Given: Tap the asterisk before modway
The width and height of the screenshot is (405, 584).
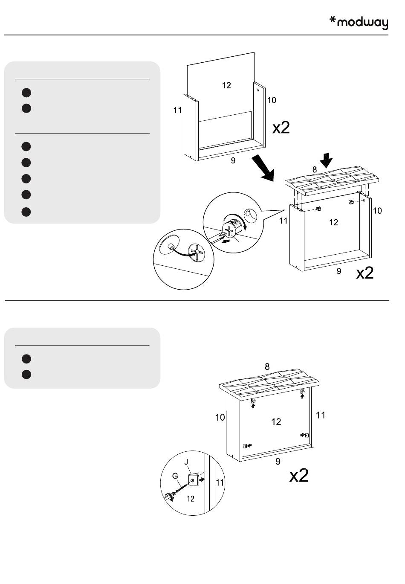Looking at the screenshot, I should pos(333,20).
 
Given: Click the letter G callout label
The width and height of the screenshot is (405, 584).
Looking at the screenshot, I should pos(175,475).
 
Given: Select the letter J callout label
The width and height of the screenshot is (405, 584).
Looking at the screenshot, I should pos(186,462).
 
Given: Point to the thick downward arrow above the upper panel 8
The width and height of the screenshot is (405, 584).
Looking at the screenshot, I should pos(327,160).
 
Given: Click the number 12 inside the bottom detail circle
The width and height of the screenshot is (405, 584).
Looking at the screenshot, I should pos(191,498).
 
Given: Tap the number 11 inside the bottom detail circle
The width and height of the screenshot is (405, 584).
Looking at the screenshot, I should pos(220,483).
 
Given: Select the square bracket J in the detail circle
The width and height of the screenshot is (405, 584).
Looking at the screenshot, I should pos(193,480).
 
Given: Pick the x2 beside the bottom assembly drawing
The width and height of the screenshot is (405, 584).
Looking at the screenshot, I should pos(298,475).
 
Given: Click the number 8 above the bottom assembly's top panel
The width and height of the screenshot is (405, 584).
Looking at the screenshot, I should pos(267,366).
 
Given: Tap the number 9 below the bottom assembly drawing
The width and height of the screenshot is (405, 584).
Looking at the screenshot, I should pos(278,461).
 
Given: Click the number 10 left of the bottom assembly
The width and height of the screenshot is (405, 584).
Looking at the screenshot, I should pos(220,417).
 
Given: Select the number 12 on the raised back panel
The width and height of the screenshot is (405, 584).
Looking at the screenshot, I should pos(226,85).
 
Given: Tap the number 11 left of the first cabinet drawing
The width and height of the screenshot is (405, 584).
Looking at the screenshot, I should pos(177,110).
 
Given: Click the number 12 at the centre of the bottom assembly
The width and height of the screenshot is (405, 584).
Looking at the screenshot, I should pos(276,421).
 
